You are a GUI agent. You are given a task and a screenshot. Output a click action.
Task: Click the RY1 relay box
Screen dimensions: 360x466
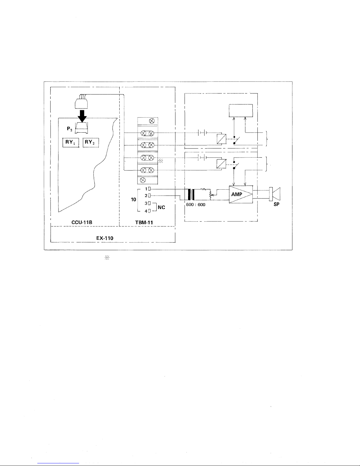coord(70,143)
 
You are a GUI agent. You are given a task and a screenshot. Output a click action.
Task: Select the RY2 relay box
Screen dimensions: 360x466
coord(91,143)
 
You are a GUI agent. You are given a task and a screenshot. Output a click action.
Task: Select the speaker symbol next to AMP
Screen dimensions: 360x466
coord(275,194)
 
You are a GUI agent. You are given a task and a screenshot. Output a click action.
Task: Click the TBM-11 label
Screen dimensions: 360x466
coord(144,223)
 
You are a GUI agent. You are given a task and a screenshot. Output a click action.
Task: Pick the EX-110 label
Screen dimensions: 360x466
coord(105,238)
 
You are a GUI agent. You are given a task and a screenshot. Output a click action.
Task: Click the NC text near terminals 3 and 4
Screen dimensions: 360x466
coord(161,207)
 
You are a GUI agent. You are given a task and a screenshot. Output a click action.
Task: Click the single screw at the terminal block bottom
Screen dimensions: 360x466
coord(144,180)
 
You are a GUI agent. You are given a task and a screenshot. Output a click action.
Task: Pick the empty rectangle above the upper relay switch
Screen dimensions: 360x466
coord(241,110)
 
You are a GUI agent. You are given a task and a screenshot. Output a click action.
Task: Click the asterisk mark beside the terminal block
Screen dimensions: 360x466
coord(161,161)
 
